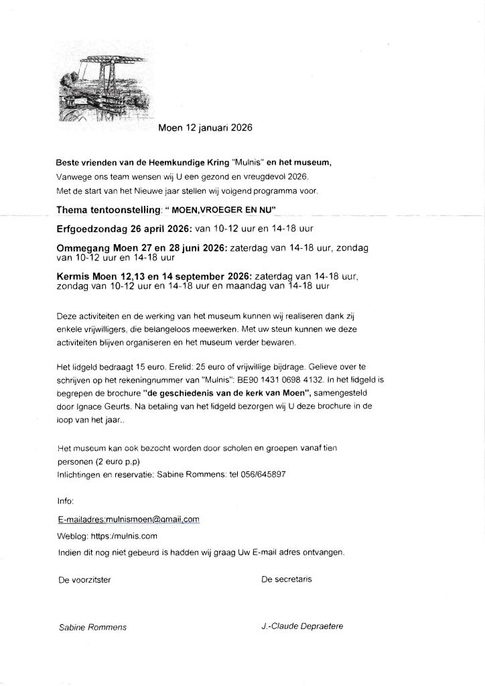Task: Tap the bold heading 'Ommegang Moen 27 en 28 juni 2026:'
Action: click(142, 248)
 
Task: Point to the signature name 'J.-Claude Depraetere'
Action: click(303, 627)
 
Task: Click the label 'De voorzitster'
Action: click(84, 579)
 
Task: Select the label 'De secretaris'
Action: click(287, 579)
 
